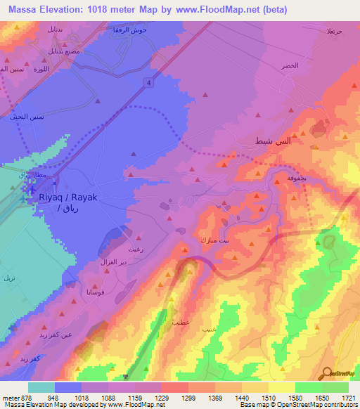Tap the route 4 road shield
pos(149,84)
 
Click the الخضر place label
pos(290,65)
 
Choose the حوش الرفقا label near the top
pos(129,32)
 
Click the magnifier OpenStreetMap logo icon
pos(327,373)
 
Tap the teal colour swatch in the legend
pos(41,387)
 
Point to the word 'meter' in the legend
pos(8,397)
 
